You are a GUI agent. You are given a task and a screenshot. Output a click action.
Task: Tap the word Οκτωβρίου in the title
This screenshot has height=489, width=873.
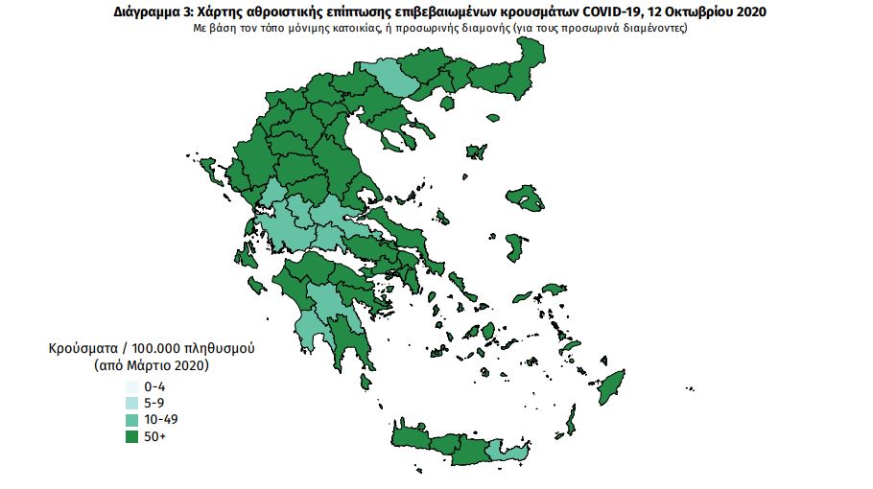(696, 12)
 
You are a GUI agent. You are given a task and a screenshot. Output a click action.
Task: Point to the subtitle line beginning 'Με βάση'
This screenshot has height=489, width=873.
(436, 29)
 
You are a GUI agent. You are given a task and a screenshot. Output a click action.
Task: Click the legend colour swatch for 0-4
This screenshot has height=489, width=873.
(130, 385)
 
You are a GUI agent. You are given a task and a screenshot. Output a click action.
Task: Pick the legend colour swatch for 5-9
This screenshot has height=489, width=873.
(130, 403)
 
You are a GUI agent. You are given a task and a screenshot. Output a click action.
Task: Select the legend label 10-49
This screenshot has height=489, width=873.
(160, 420)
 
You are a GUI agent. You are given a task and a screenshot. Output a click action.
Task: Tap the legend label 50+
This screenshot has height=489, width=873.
(154, 437)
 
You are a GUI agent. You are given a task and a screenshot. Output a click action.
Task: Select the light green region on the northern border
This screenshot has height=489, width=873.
(388, 78)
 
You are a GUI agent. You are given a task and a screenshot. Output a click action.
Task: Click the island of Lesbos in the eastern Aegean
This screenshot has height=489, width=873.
(527, 198)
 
